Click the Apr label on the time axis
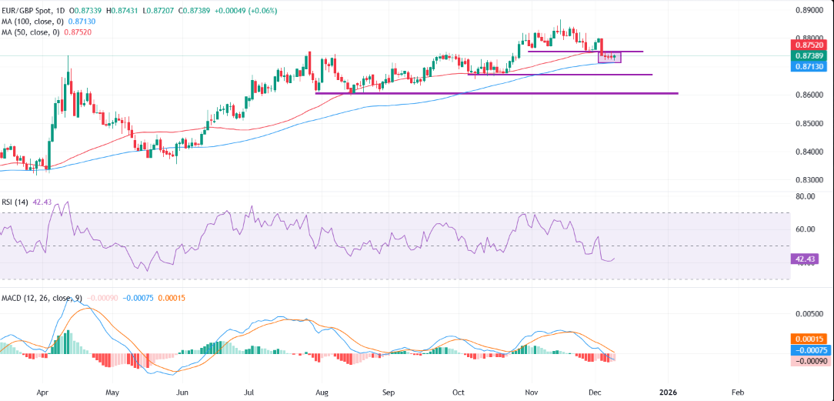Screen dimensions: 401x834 click(x=44, y=391)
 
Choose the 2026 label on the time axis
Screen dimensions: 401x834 click(x=669, y=391)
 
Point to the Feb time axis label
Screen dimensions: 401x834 click(x=736, y=391)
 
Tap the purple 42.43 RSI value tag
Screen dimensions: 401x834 click(x=804, y=259)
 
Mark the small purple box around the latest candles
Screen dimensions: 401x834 click(x=609, y=57)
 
